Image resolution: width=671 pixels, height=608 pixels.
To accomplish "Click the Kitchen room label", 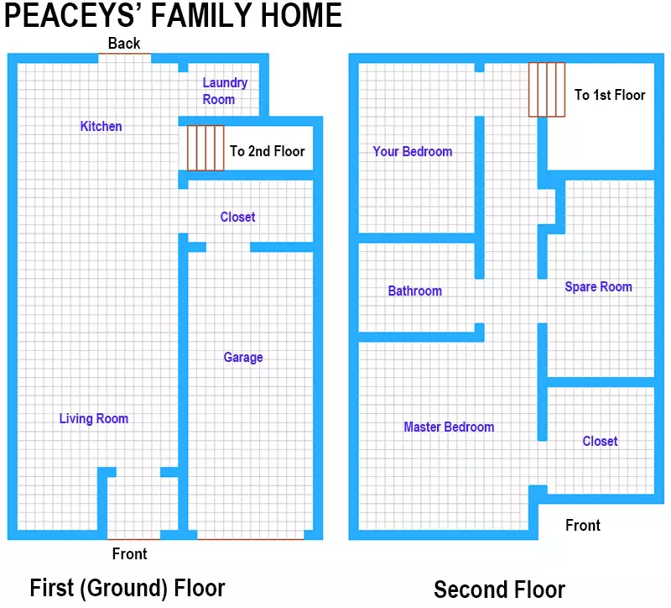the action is click(x=101, y=127).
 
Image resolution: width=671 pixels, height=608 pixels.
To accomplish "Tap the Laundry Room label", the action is click(x=225, y=91).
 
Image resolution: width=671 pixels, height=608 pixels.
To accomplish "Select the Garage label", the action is click(x=243, y=358).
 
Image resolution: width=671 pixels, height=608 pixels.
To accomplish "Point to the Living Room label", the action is click(x=94, y=418).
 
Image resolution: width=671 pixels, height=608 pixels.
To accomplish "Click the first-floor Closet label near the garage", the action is click(x=237, y=217).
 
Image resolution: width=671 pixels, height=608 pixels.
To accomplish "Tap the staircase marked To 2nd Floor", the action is click(x=205, y=148).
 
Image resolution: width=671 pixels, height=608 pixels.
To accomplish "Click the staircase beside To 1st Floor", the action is click(x=547, y=90).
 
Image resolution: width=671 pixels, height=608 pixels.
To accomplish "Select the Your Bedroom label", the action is click(x=412, y=151).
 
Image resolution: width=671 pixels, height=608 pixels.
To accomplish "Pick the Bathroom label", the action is click(x=414, y=291).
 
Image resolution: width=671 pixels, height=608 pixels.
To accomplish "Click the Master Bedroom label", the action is click(x=449, y=427).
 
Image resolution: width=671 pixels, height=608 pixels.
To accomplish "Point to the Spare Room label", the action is click(x=598, y=286).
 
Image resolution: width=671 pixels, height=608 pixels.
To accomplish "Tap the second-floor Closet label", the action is click(x=600, y=441).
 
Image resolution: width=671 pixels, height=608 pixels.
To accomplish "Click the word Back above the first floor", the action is click(x=124, y=44).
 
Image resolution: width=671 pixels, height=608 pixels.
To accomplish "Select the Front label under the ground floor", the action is click(x=130, y=553).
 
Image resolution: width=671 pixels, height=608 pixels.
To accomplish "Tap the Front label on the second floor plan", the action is click(x=583, y=525).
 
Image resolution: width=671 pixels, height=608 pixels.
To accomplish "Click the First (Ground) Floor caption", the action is click(x=127, y=588).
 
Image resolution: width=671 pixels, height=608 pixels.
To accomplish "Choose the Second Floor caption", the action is click(x=499, y=590).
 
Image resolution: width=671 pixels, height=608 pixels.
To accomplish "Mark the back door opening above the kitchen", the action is click(x=124, y=54).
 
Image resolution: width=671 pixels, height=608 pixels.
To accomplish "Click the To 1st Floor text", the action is click(x=610, y=95).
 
